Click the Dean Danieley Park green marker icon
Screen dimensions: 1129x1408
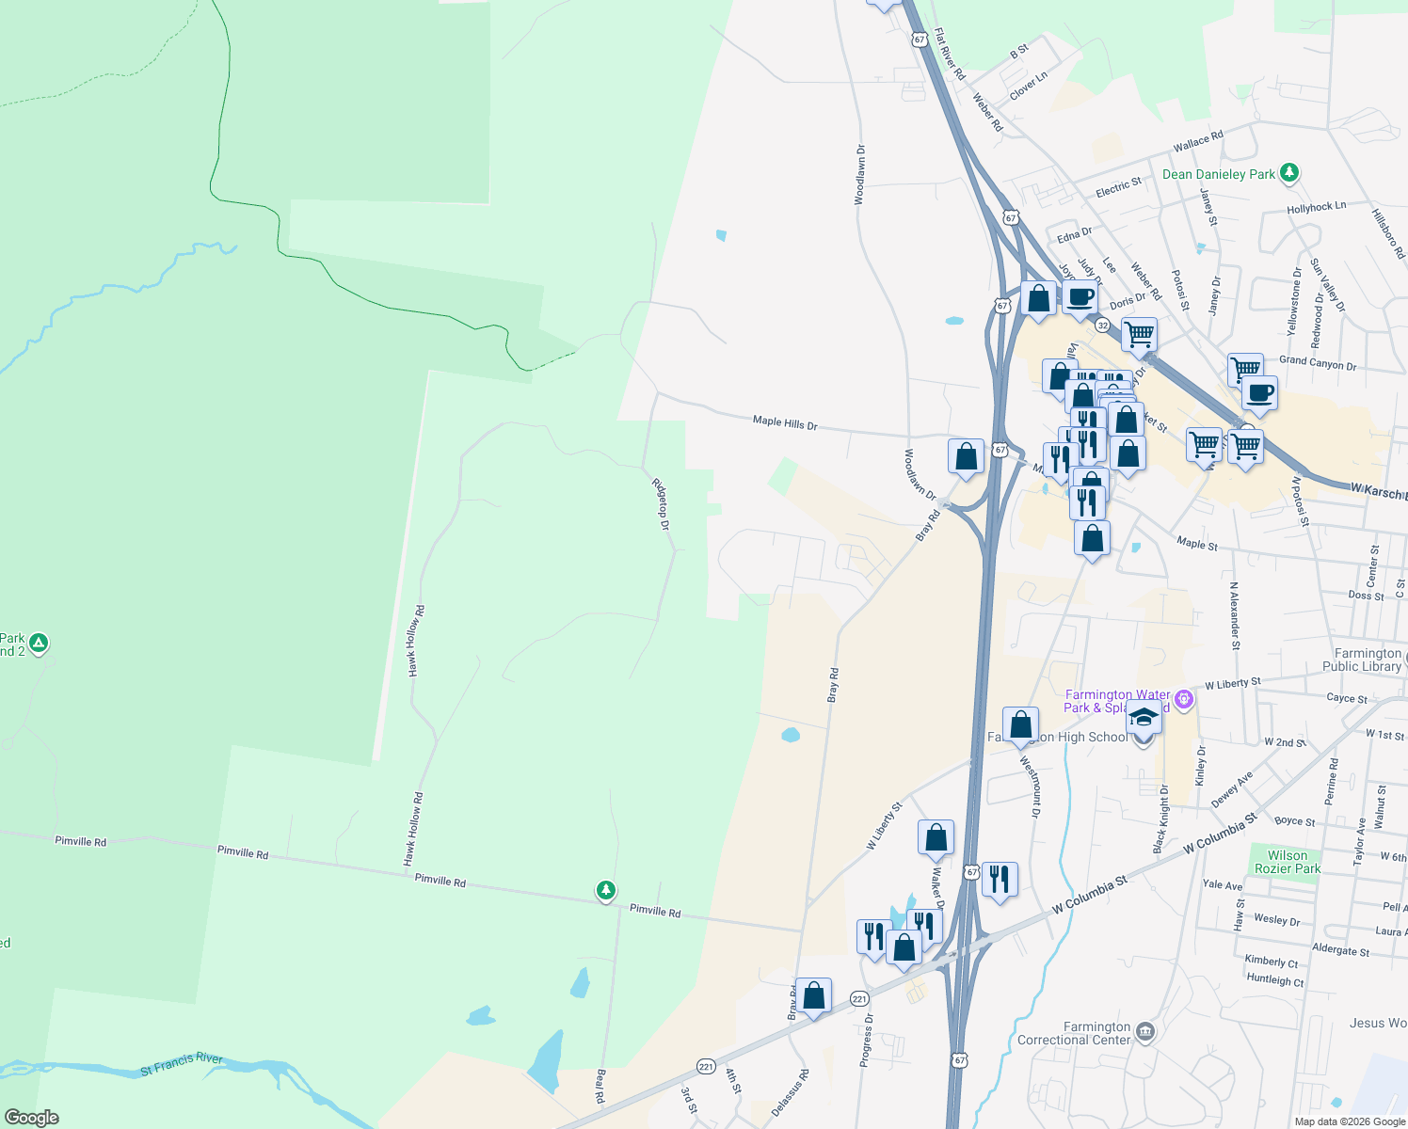click(x=1289, y=173)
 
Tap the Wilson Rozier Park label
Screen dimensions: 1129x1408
click(x=1287, y=862)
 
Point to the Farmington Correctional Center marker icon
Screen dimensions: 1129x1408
click(x=1144, y=1031)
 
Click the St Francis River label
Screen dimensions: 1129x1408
click(x=182, y=1064)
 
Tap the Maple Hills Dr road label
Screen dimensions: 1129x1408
click(x=785, y=423)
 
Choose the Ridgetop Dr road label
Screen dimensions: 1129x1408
click(x=661, y=503)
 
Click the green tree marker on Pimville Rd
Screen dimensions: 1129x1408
click(x=606, y=890)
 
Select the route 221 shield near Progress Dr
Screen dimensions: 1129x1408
click(x=859, y=998)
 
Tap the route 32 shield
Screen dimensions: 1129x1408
click(x=1102, y=326)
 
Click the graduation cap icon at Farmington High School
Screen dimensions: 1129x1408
click(x=1144, y=718)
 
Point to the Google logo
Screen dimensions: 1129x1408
click(x=32, y=1118)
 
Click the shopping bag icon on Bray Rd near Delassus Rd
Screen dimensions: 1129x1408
click(x=814, y=995)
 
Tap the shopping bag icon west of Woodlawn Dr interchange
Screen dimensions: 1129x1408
click(x=967, y=456)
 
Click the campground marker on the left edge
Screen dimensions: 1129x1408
click(x=39, y=644)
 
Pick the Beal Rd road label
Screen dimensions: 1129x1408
click(x=600, y=1086)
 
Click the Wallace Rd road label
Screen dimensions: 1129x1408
click(x=1198, y=142)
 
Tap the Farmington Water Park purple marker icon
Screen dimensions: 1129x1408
click(x=1184, y=699)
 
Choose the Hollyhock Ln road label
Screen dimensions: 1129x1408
click(x=1316, y=207)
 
